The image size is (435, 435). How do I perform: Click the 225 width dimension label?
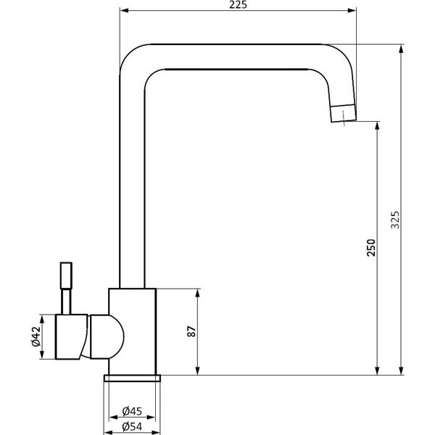[238, 5]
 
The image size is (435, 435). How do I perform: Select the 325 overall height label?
[395, 220]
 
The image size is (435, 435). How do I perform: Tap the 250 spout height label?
[371, 247]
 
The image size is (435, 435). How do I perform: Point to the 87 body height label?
[191, 331]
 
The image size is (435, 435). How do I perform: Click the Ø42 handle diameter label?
[36, 336]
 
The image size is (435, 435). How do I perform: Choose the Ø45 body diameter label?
[132, 411]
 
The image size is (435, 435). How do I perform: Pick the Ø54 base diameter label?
[132, 426]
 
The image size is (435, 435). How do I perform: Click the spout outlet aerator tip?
[344, 113]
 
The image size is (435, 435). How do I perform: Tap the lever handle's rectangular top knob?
[66, 275]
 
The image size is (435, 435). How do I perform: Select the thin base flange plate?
[132, 378]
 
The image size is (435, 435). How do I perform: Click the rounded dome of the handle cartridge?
[107, 336]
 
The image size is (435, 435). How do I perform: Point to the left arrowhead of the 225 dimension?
[125, 11]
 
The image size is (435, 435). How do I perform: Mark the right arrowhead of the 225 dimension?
[352, 11]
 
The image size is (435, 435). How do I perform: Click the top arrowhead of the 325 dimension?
[401, 49]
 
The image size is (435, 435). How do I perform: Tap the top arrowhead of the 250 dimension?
[377, 126]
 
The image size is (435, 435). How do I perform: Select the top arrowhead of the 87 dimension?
[197, 294]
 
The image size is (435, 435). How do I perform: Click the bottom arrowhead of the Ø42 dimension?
[42, 355]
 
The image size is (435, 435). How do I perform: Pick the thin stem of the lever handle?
[66, 302]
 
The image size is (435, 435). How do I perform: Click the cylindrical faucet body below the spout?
[133, 331]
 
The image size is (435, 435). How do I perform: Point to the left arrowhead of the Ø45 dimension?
[114, 417]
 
